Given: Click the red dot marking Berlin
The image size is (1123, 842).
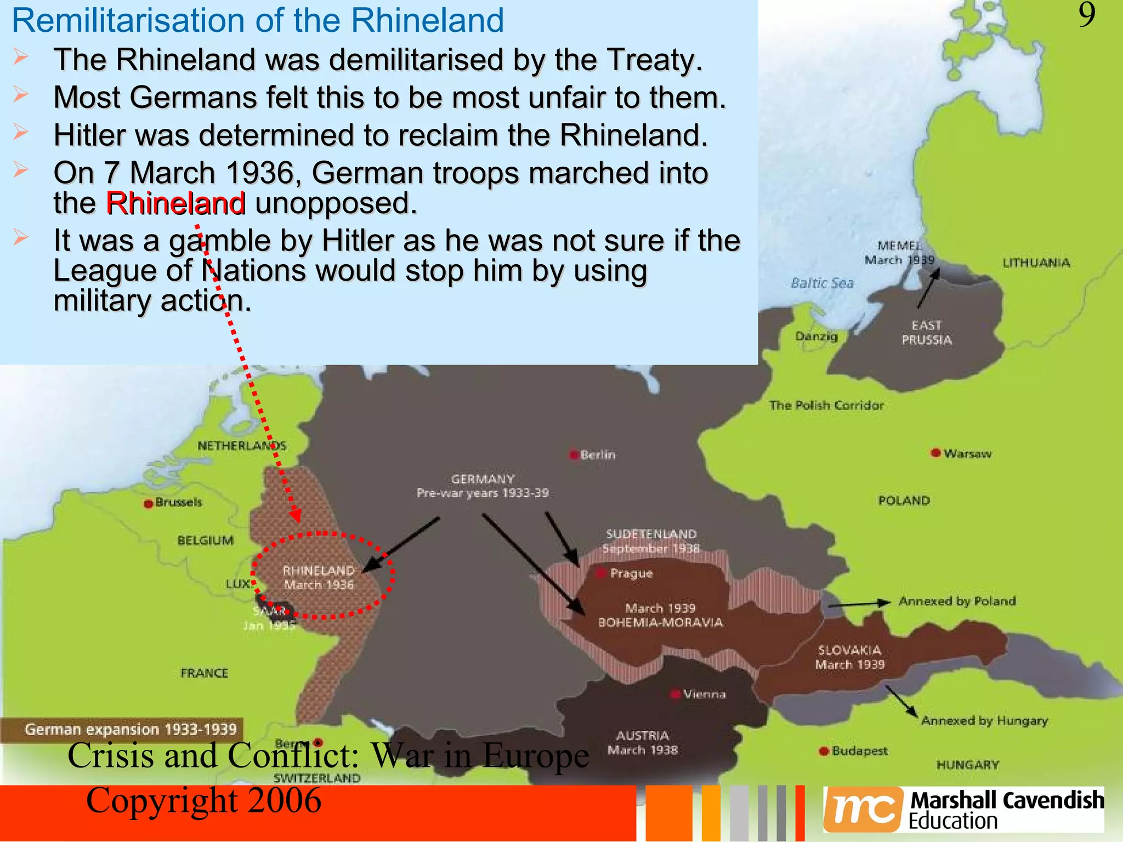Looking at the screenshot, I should point(574,455).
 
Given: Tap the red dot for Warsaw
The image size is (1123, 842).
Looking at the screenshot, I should point(935,453).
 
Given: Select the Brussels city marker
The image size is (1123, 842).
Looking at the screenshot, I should point(148,503).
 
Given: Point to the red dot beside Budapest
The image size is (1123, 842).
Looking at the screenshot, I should point(823,751).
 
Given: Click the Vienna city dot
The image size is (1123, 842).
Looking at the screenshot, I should point(676,694).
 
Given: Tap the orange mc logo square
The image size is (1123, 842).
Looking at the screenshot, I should point(863,809).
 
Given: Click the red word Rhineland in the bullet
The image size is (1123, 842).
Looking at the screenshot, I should point(175,203).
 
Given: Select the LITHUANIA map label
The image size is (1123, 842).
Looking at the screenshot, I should point(1036,263).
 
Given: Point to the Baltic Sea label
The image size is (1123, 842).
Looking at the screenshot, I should point(822,283).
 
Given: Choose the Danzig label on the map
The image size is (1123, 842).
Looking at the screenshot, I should point(816,335).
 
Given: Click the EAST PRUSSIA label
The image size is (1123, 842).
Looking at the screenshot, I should point(927,333).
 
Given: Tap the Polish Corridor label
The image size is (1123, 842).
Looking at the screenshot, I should point(826,406).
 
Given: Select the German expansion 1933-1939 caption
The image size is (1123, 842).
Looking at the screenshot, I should point(131,730).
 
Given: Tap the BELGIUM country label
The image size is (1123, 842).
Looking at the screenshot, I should point(205,541).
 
